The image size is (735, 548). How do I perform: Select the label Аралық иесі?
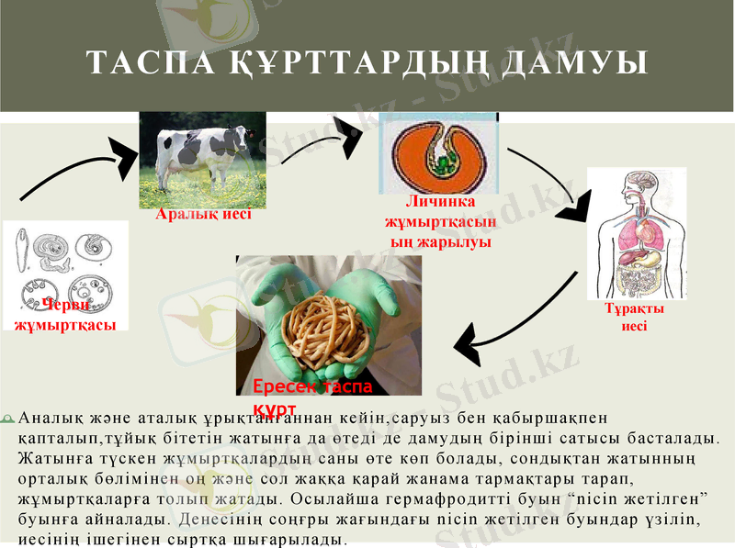(203, 215)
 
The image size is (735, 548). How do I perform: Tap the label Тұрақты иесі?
(634, 317)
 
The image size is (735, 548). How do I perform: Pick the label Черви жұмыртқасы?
(64, 317)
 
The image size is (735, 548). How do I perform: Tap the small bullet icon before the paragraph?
(8, 419)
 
